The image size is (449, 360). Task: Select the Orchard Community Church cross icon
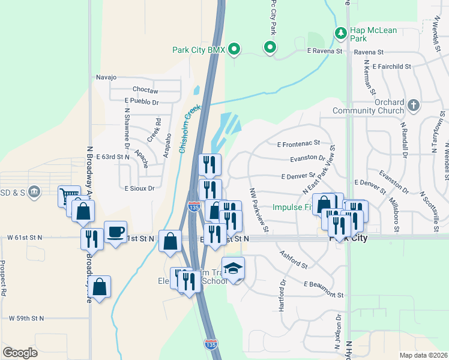coord(412,105)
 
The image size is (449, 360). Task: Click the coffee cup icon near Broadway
coord(115,232)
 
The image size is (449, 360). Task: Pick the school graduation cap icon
coord(233,268)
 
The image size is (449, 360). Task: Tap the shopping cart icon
coord(68,195)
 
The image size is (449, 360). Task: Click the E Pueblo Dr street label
coord(142,102)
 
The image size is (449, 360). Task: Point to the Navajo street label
coord(106,77)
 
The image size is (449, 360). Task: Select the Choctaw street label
coord(145,90)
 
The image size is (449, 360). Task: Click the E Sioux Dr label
coord(139,188)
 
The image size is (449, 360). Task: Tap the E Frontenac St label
coord(298,144)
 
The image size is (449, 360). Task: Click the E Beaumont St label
coord(324,289)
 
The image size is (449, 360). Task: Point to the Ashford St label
coord(294,257)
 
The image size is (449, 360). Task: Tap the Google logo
coord(20,353)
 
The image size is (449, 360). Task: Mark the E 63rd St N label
coord(112,156)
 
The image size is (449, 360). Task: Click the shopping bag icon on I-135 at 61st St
coord(170,241)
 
